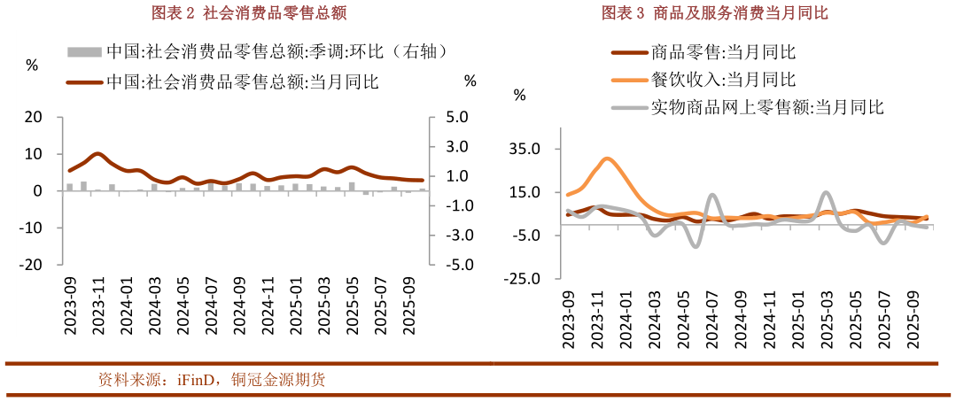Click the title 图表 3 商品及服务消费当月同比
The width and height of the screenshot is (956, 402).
tap(715, 12)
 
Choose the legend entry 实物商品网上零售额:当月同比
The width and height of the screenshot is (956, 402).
tap(767, 108)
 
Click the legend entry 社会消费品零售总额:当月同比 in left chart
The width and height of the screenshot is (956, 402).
tap(242, 81)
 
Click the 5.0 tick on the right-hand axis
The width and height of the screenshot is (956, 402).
tap(455, 118)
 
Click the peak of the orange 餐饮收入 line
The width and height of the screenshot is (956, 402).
tap(606, 159)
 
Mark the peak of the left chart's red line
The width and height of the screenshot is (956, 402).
tap(98, 153)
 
